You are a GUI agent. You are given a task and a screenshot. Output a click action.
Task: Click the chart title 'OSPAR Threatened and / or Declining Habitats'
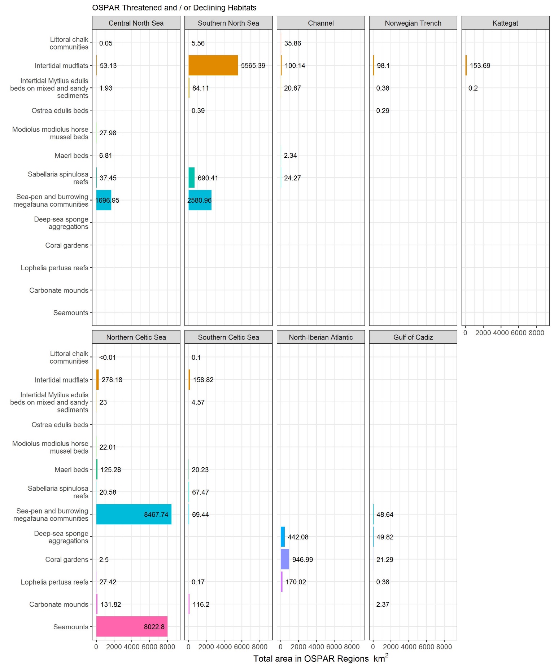(174, 8)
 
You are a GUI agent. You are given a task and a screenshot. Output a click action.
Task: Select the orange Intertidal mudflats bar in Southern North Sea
(213, 65)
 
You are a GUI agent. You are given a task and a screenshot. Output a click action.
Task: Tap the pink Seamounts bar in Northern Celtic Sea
(132, 627)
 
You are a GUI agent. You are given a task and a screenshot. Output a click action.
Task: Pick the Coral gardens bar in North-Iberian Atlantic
(285, 559)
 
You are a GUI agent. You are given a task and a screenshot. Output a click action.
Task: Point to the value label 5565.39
(253, 66)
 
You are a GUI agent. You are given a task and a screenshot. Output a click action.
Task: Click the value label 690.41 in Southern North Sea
(208, 178)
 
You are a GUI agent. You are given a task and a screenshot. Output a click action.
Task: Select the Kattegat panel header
(505, 23)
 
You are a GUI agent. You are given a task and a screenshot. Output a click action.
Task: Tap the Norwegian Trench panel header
(413, 23)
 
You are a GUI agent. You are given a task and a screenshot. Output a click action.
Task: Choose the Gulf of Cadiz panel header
(413, 337)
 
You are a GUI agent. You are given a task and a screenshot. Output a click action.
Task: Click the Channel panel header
(320, 23)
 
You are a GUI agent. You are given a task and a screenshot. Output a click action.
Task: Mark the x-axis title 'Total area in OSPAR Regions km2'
(320, 659)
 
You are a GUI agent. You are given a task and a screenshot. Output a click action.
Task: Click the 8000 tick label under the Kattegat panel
(536, 333)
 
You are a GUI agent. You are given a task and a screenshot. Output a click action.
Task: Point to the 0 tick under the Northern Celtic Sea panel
(96, 647)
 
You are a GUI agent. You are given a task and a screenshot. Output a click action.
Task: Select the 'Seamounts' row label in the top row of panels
(71, 312)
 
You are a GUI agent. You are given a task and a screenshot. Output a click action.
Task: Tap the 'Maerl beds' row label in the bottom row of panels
(71, 469)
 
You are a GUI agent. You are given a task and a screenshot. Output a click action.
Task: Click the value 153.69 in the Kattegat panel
(480, 66)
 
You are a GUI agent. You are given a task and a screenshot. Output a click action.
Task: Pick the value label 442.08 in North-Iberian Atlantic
(298, 537)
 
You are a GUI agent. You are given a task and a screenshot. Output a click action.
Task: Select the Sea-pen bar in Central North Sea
(104, 200)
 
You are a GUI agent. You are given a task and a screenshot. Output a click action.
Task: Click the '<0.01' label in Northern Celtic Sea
(108, 358)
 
